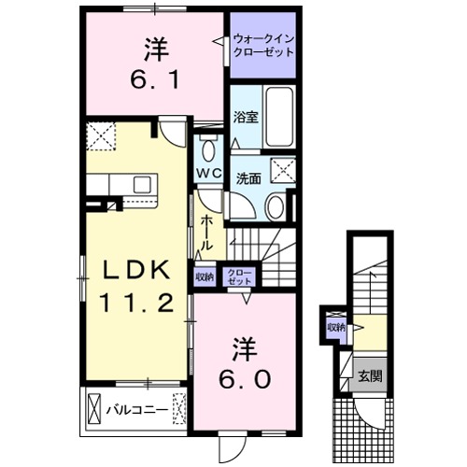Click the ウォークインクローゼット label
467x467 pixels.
click(262, 42)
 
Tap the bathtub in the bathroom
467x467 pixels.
click(279, 114)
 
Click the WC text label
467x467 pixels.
click(208, 174)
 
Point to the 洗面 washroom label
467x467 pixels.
click(248, 177)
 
